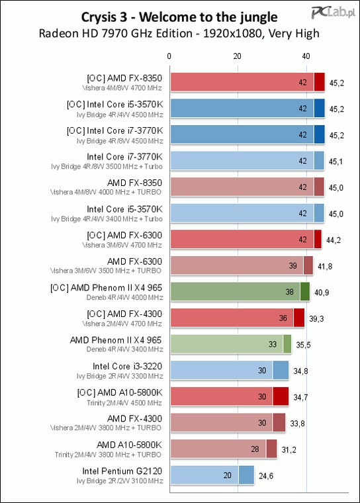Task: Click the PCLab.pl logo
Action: pos(334,13)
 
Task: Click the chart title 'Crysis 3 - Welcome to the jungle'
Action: pos(179,17)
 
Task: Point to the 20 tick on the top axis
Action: pos(237,56)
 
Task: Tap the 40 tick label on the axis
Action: pos(306,56)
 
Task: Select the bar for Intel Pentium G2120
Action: pos(212,475)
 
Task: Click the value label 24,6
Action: pos(266,476)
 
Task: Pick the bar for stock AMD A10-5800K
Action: pos(224,449)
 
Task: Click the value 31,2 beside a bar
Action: pos(289,450)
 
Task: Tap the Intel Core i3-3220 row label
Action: pos(127,367)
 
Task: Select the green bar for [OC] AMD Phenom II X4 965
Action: pos(240,292)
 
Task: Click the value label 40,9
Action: pos(322,293)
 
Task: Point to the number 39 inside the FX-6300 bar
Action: pos(292,265)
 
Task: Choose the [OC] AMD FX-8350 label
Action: pos(124,78)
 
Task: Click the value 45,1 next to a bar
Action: pos(336,161)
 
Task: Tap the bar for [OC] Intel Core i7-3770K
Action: pos(247,134)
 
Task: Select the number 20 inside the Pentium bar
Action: pos(227,475)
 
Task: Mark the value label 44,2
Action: pos(334,240)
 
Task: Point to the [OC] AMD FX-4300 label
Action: pos(124,314)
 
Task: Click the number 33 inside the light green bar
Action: pos(273,344)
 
